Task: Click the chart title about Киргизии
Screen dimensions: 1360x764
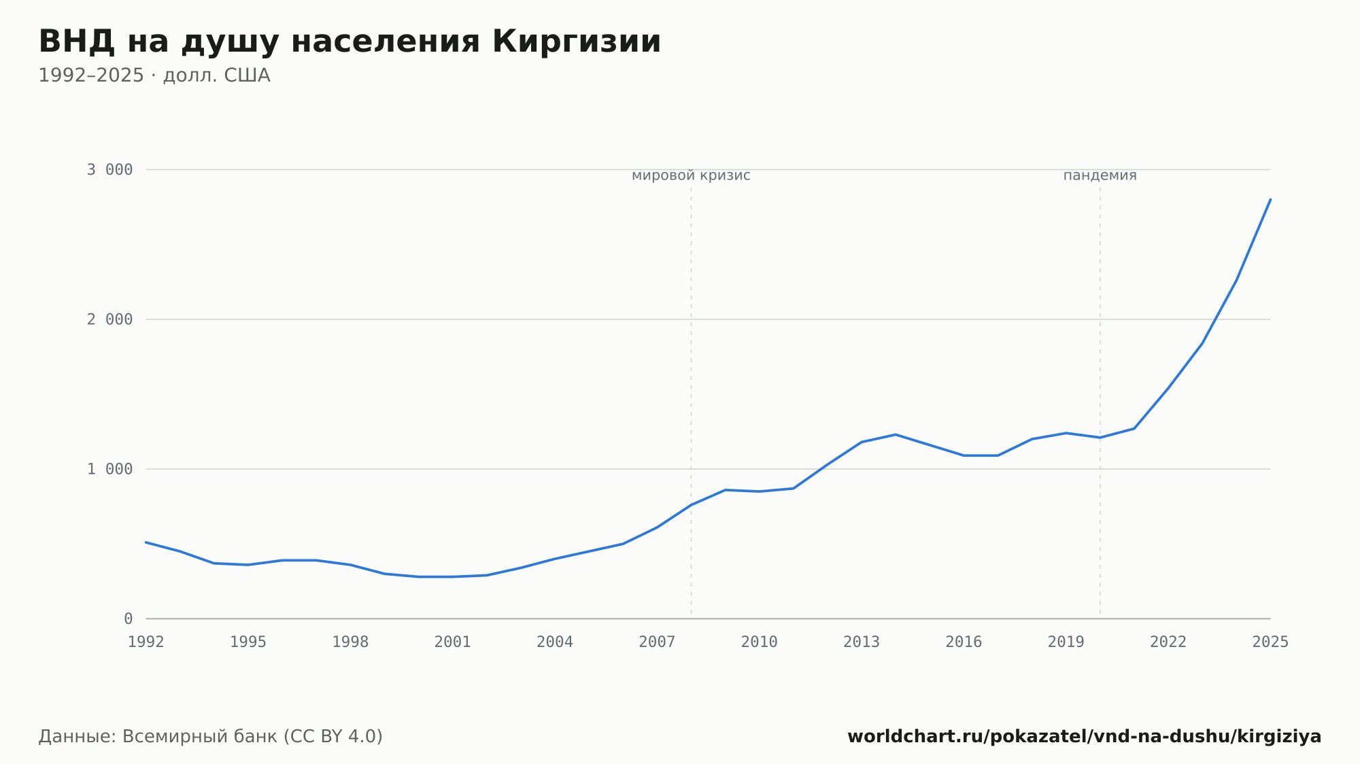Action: pos(350,42)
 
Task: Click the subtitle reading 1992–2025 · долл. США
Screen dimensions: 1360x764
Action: pos(154,75)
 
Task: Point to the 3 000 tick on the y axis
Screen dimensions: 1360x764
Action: pos(109,170)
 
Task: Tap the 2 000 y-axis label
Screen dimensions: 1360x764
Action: pos(109,319)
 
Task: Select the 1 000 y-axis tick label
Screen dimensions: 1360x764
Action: pos(109,469)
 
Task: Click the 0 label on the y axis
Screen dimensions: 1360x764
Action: pos(128,619)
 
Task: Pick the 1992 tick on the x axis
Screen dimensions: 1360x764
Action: pos(146,642)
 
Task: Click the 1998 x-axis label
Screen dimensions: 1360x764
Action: pos(350,642)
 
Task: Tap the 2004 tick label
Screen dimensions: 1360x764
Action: pos(555,642)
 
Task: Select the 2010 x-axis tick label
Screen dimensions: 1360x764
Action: pos(760,642)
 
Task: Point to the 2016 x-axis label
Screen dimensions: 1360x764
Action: pos(964,642)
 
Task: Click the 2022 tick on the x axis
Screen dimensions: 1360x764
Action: pos(1168,642)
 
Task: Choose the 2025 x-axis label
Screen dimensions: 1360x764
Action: pos(1270,642)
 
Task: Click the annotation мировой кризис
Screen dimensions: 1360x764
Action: pos(691,175)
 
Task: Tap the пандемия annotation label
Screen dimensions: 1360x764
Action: pos(1100,175)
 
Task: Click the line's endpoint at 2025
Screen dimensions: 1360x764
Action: pos(1270,199)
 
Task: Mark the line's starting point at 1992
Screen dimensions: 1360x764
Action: pos(146,542)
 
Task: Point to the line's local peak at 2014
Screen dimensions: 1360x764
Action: pos(896,434)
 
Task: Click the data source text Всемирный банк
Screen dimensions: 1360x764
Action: pos(200,737)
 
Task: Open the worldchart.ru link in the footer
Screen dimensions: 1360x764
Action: pos(1084,737)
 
